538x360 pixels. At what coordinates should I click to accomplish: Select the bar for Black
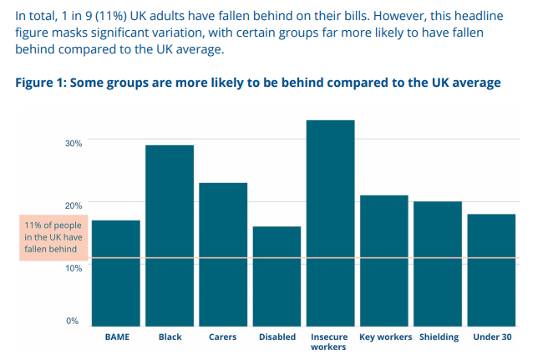click(x=170, y=236)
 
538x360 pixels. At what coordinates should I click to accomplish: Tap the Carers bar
click(x=223, y=254)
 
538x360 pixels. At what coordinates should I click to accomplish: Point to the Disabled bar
click(x=277, y=276)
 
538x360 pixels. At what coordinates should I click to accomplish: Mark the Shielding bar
click(x=438, y=263)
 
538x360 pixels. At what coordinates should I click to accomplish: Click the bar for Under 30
click(x=491, y=270)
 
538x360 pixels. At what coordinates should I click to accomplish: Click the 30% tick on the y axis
click(x=74, y=143)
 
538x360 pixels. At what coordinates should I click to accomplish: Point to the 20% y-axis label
click(x=74, y=205)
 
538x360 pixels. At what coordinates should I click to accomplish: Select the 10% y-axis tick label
click(x=74, y=267)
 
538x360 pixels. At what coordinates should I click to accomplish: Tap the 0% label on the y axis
click(x=73, y=321)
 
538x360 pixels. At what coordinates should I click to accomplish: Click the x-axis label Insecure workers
click(x=330, y=342)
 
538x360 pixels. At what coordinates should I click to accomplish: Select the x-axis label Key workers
click(x=385, y=337)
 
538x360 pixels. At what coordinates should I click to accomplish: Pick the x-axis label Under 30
click(x=491, y=337)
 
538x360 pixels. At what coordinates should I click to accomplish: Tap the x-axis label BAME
click(x=116, y=337)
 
